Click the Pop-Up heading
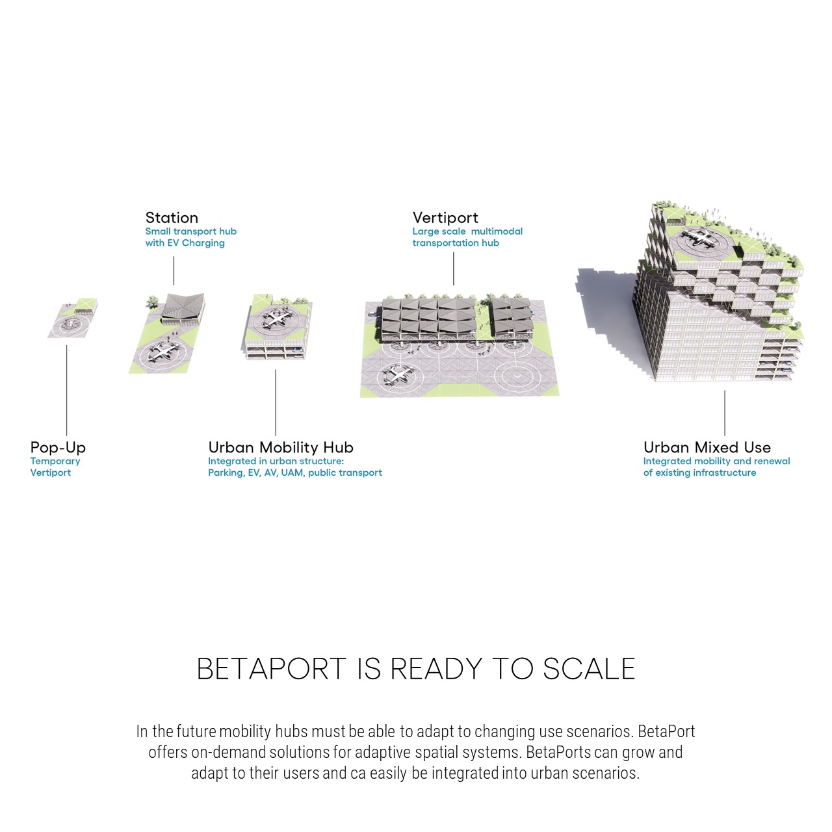(x=58, y=448)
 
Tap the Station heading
(x=172, y=218)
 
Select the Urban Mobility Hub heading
(x=281, y=448)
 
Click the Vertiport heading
(x=445, y=218)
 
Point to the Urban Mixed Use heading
(x=707, y=447)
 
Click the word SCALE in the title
(x=589, y=669)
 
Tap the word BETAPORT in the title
(x=271, y=669)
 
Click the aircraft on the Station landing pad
(x=164, y=352)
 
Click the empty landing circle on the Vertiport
(x=517, y=377)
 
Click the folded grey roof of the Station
(x=182, y=307)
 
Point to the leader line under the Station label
(x=174, y=270)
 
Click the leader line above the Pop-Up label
(x=66, y=390)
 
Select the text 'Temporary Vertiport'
(x=55, y=467)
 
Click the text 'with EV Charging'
(x=185, y=243)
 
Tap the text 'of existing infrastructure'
(x=699, y=473)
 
